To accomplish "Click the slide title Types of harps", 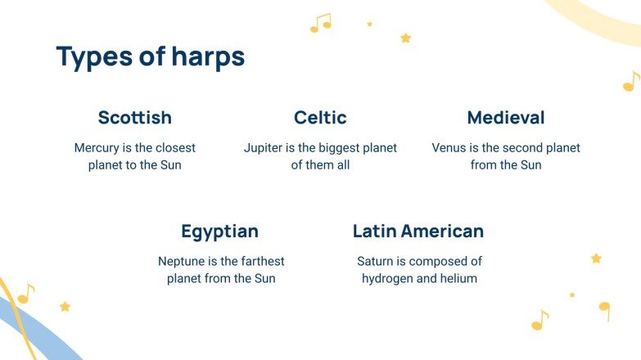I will coord(151,57).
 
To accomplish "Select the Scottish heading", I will coord(135,118).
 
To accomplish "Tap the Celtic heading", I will coord(320,118).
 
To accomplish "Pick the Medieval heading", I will coord(506,118).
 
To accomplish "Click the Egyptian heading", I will coord(220,232).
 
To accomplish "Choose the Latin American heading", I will coord(418,232).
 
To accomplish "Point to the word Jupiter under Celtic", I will coord(263,148).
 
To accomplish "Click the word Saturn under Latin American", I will coord(375,262).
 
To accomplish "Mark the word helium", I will coord(459,278).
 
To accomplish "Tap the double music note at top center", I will coord(321,23).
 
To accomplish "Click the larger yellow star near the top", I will coord(405,38).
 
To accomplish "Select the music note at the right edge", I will coord(631,82).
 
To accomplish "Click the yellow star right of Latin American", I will coord(596,259).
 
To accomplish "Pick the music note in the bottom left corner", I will coord(26,294).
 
